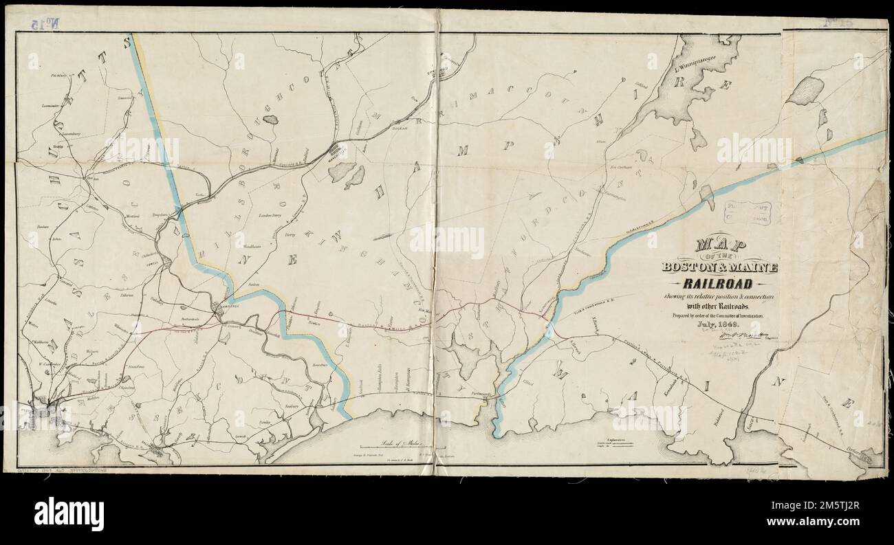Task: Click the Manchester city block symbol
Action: point(338,150)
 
